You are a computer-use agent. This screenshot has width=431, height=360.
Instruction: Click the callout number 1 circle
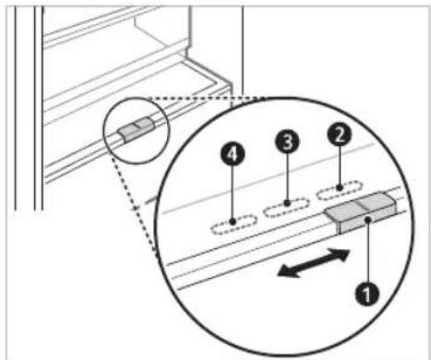click(x=367, y=294)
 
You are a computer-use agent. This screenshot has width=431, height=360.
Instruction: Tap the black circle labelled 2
click(x=340, y=135)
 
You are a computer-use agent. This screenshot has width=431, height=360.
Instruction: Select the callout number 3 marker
click(x=287, y=141)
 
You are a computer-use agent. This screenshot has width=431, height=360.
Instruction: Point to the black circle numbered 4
click(x=233, y=154)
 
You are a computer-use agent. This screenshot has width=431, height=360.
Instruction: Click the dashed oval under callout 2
click(x=340, y=191)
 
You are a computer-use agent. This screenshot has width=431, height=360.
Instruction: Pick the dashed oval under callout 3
click(x=287, y=208)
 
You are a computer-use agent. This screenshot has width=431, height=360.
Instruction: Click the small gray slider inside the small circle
click(x=136, y=130)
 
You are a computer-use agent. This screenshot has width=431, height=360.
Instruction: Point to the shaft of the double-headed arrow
click(x=314, y=263)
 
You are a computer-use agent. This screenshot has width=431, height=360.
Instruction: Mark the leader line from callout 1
click(x=367, y=250)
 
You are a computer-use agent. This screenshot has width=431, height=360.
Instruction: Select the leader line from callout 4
click(x=233, y=193)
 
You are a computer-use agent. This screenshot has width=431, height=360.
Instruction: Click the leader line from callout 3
click(x=287, y=178)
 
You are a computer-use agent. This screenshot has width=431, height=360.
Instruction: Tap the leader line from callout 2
click(x=340, y=166)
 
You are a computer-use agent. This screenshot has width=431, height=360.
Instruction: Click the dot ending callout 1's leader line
click(x=368, y=219)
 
